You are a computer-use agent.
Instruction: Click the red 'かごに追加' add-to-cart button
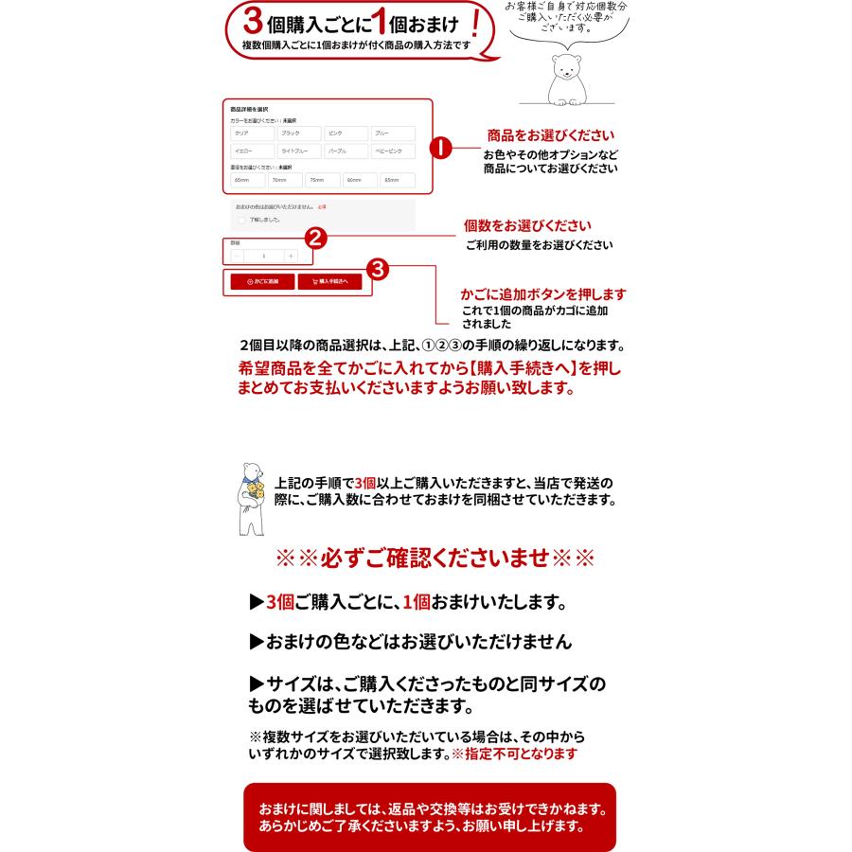click(262, 281)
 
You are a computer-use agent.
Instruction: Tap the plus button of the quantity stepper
click(291, 256)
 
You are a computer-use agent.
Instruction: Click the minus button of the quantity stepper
click(237, 256)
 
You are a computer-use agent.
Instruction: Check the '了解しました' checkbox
click(241, 220)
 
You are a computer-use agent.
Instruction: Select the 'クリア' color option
click(251, 133)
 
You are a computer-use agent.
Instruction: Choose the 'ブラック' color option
click(297, 133)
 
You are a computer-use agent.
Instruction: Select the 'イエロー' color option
click(251, 151)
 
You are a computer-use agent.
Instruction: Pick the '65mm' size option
click(246, 180)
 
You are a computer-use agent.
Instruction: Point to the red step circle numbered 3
click(378, 269)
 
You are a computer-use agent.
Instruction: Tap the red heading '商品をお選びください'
click(550, 135)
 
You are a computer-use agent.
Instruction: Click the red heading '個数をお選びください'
click(527, 226)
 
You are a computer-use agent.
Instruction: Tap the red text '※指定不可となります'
click(513, 754)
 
